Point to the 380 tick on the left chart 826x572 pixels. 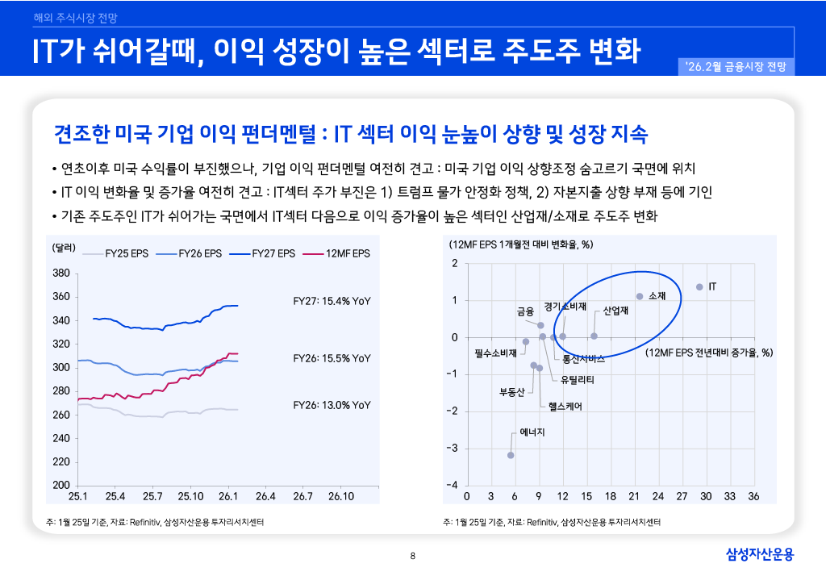click(61, 273)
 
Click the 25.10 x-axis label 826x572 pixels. click(190, 495)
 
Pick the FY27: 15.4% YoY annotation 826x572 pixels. click(332, 301)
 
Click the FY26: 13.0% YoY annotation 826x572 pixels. click(332, 405)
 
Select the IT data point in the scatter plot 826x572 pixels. click(699, 286)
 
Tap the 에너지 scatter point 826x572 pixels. click(511, 455)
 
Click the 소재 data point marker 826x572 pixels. click(640, 296)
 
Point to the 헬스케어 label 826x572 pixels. click(565, 407)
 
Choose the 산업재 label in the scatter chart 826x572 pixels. click(616, 310)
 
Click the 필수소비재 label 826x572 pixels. click(495, 353)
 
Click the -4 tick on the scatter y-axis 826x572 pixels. click(454, 485)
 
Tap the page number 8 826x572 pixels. click(413, 555)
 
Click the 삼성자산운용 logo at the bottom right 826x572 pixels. click(760, 554)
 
